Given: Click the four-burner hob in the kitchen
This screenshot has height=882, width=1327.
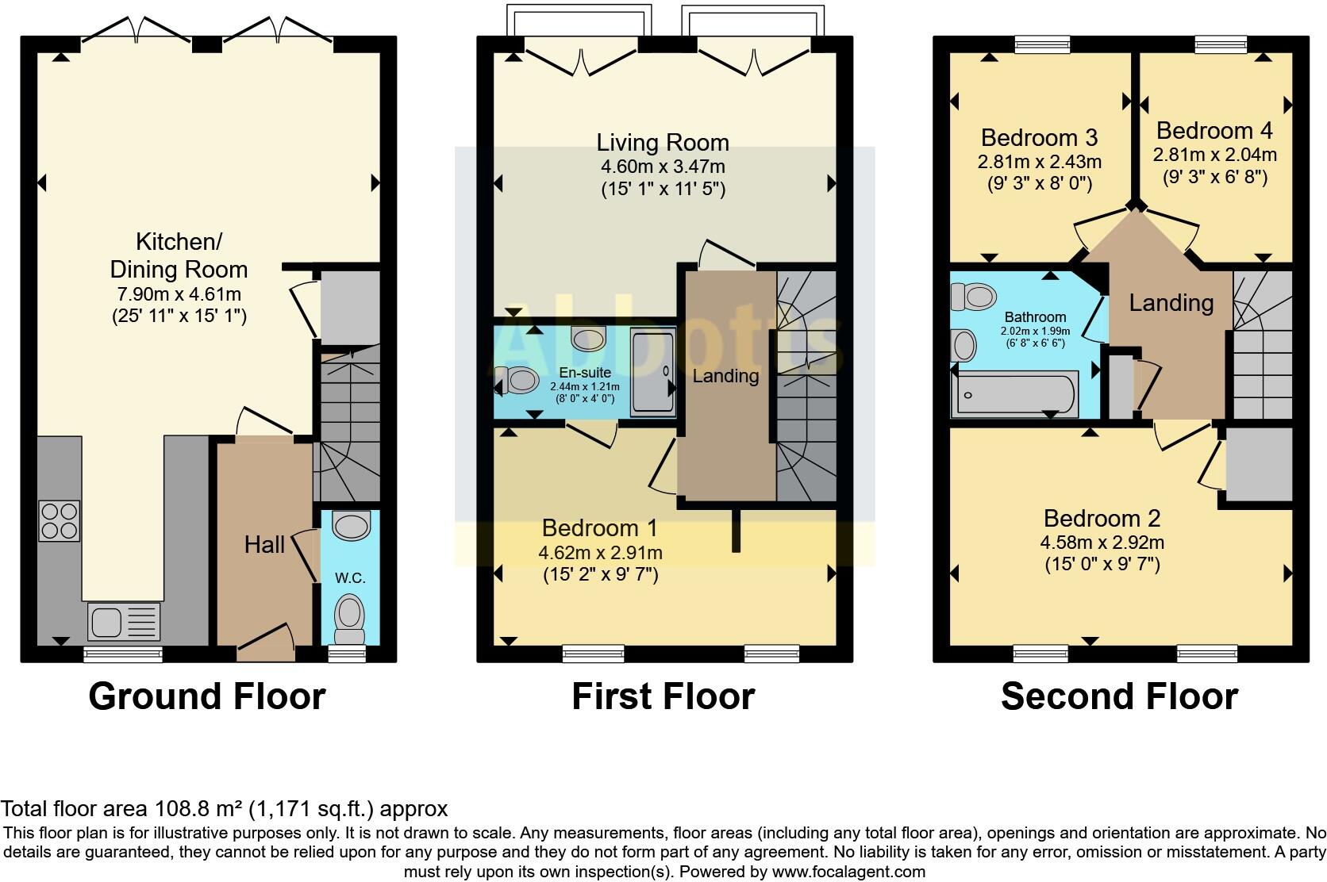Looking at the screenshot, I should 60,521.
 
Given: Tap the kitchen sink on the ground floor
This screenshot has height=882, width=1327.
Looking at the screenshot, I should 125,621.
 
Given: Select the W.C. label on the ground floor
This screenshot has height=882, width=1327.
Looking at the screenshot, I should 349,578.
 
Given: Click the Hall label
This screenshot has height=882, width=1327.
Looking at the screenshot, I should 264,545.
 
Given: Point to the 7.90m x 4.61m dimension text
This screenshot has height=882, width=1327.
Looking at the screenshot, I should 179,294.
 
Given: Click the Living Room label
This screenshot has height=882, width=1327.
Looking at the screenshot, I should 663,143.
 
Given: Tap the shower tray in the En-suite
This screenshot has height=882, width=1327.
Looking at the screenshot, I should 652,374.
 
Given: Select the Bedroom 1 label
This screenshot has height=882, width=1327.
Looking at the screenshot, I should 600,527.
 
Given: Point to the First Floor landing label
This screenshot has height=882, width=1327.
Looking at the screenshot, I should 725,375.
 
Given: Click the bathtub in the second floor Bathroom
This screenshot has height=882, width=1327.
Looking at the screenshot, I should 1016,393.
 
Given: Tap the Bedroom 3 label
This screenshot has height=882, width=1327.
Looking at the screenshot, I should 1039,137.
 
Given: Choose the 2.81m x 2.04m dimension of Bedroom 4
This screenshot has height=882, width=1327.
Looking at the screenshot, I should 1214,155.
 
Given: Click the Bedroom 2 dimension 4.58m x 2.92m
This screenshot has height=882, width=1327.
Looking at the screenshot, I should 1102,543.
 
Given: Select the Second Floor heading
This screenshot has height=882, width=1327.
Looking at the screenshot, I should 1119,696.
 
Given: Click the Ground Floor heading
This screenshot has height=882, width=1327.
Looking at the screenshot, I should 207,696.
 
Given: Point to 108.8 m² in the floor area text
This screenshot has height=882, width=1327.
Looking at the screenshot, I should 196,809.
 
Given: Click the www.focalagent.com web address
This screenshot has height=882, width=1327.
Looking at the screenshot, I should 848,872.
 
